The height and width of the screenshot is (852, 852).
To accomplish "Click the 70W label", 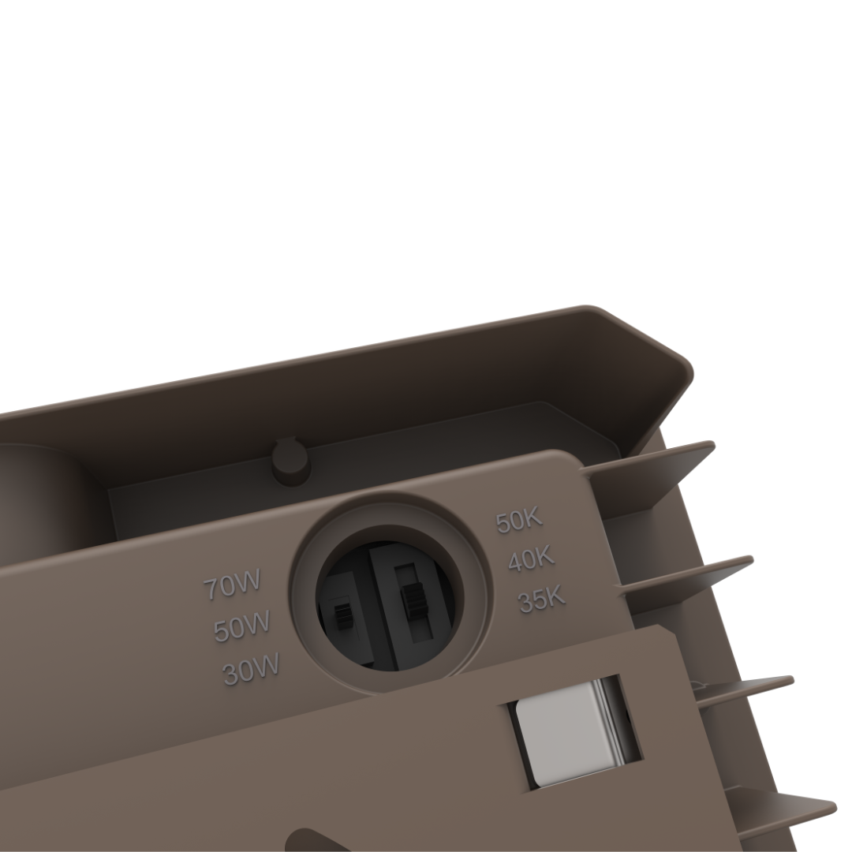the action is point(233,585).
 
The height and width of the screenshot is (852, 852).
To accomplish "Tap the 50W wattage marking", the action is point(242,626).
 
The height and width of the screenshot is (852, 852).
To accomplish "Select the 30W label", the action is point(251,668).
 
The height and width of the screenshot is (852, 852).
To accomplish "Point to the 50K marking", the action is point(519,521).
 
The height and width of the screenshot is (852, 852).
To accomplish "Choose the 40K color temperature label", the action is point(532,559).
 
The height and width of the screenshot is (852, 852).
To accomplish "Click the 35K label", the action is point(542,600).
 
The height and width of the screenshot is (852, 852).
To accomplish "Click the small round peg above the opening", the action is point(292,462).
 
